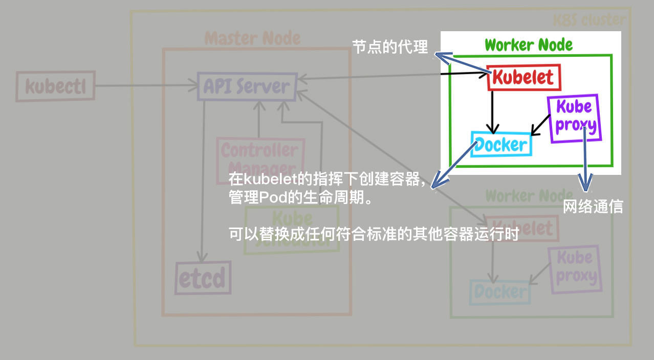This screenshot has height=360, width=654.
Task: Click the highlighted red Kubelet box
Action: [x=524, y=78]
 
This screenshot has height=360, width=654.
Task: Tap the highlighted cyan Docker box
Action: [x=501, y=144]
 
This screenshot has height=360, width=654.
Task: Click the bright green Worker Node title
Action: [x=529, y=45]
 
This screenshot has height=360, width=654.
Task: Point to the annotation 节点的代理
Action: [x=389, y=47]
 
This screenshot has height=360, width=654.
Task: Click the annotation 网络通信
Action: [x=593, y=207]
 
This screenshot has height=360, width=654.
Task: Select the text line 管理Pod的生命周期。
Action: [x=300, y=198]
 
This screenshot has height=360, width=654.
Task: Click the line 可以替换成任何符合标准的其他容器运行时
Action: [x=374, y=235]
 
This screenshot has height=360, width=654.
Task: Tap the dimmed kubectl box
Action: [x=55, y=86]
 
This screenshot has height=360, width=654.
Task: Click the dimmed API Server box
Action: [x=246, y=86]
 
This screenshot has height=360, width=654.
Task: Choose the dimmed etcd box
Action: [x=202, y=278]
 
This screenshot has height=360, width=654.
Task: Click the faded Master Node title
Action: [x=252, y=38]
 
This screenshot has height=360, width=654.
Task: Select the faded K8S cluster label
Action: [x=589, y=20]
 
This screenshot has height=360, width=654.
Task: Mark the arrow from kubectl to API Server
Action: [x=146, y=86]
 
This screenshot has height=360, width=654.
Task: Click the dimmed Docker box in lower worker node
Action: [x=500, y=292]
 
